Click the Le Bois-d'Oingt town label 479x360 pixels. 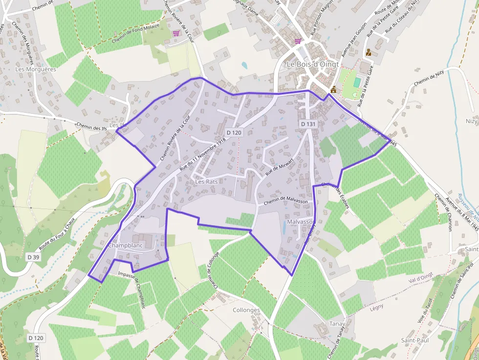[312, 64]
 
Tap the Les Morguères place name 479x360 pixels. [36, 69]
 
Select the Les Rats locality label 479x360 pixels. [206, 182]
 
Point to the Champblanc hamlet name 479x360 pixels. [126, 245]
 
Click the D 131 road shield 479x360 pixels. [308, 125]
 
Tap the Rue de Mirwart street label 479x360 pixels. [279, 167]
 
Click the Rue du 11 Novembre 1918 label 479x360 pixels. [202, 153]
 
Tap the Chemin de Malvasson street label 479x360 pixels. [285, 201]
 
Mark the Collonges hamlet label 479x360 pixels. [246, 311]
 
